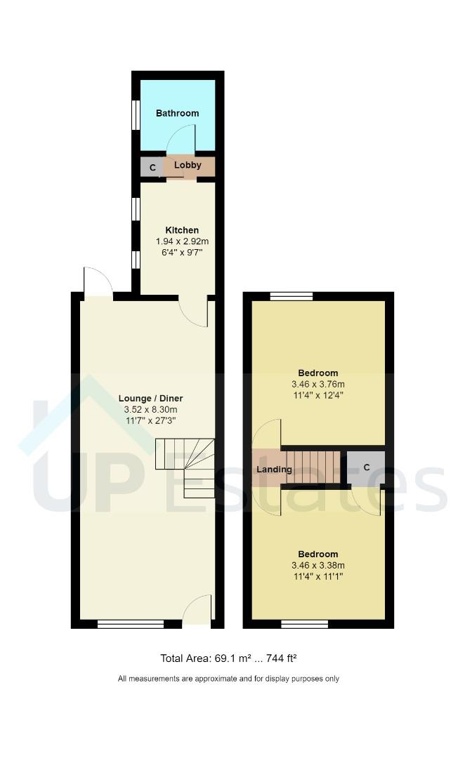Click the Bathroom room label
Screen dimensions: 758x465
pos(177,113)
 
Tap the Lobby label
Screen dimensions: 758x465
pos(188,166)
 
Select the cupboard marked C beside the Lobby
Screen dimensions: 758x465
pos(152,168)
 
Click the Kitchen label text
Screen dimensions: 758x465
pos(182,230)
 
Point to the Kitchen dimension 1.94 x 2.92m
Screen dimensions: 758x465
pos(182,241)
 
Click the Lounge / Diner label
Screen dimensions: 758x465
pos(150,398)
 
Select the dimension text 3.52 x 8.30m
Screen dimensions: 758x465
pos(150,410)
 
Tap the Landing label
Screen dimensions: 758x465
pos(275,469)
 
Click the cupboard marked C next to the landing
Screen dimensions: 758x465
pos(367,467)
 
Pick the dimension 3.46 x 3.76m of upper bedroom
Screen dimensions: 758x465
pos(318,384)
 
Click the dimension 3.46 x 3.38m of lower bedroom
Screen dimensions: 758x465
pos(318,565)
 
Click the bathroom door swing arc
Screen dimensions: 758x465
pos(180,138)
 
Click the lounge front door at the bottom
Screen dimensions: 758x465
pos(197,610)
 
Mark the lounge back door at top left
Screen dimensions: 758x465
pos(97,282)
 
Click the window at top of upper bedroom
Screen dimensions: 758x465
pos(292,296)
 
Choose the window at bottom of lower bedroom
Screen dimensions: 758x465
pos(305,623)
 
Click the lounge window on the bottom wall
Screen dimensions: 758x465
pos(130,623)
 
